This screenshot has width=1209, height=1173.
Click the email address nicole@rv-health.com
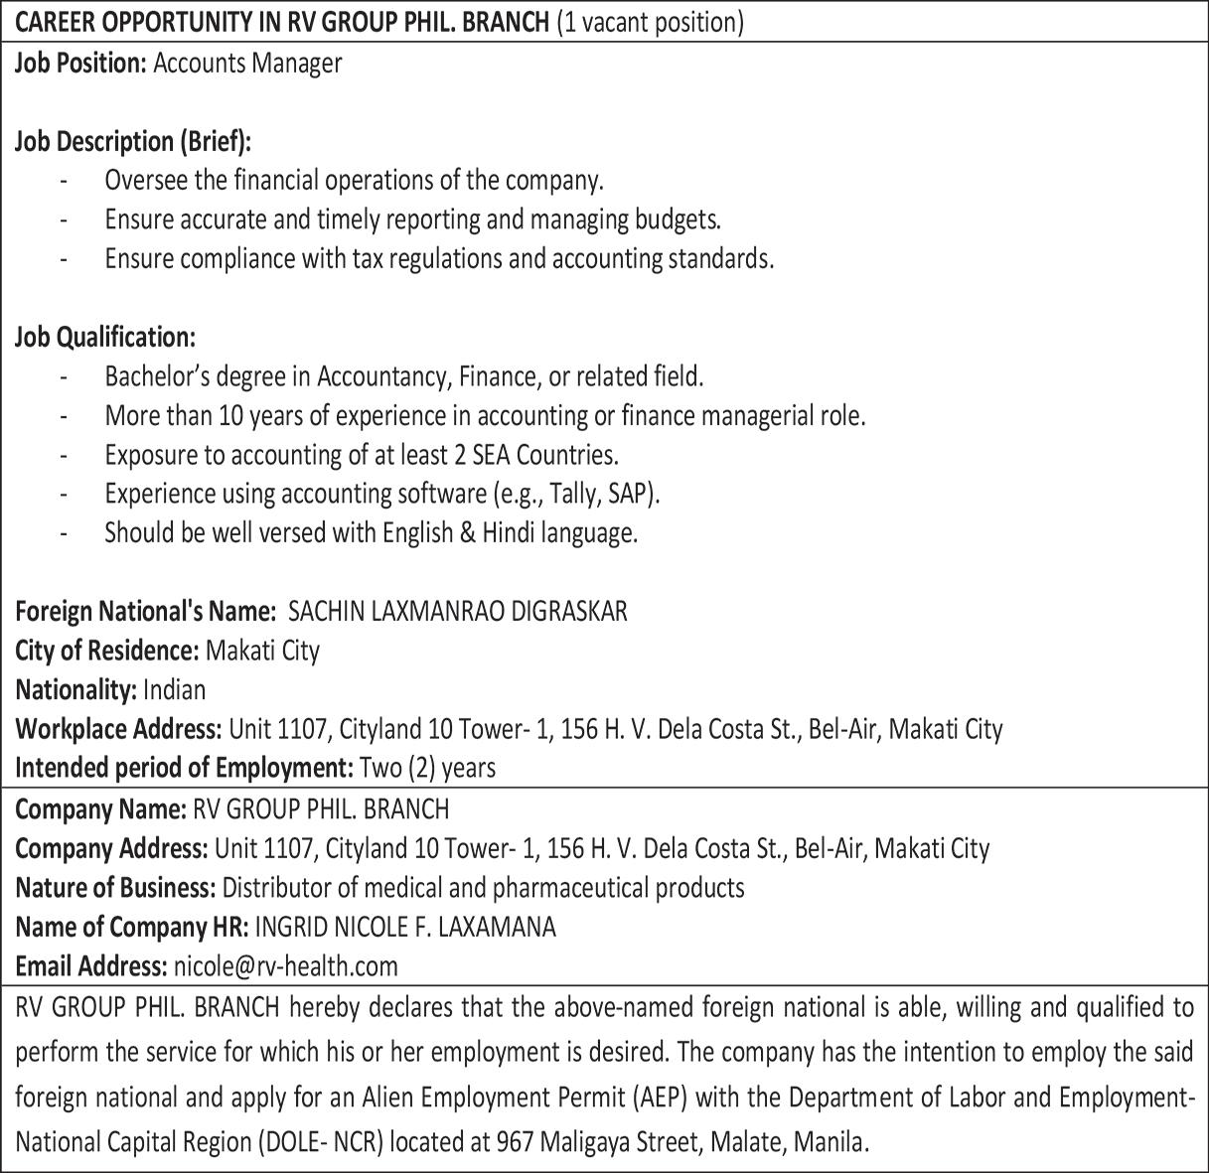click(285, 965)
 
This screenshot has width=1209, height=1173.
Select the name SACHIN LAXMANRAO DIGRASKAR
click(457, 611)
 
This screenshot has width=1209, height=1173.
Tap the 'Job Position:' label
click(80, 64)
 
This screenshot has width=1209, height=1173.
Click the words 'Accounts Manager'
click(247, 64)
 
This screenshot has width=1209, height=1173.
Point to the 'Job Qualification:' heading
click(104, 338)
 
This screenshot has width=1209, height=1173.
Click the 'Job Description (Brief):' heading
click(133, 142)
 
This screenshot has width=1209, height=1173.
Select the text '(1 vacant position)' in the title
click(650, 22)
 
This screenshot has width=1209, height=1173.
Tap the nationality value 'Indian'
click(174, 689)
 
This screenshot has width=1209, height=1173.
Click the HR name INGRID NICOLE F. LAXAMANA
click(405, 927)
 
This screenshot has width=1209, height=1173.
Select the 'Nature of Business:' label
click(115, 887)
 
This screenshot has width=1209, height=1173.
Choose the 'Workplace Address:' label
click(118, 729)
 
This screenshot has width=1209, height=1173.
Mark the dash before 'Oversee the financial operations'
click(65, 182)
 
